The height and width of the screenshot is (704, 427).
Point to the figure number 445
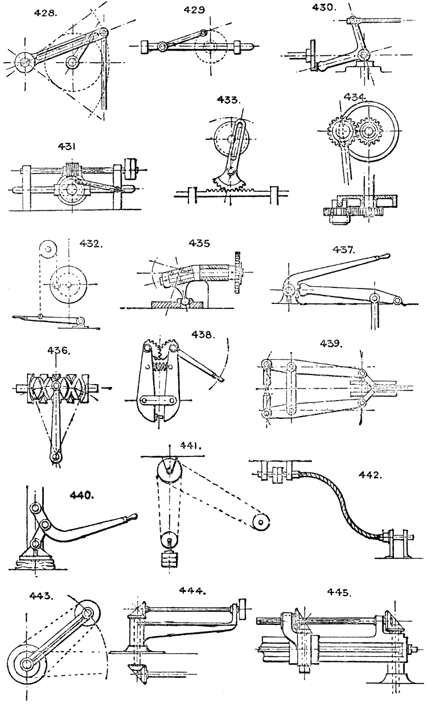click(x=339, y=592)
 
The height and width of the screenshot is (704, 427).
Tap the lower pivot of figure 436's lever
click(x=55, y=456)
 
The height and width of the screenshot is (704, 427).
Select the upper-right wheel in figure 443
click(x=88, y=613)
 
